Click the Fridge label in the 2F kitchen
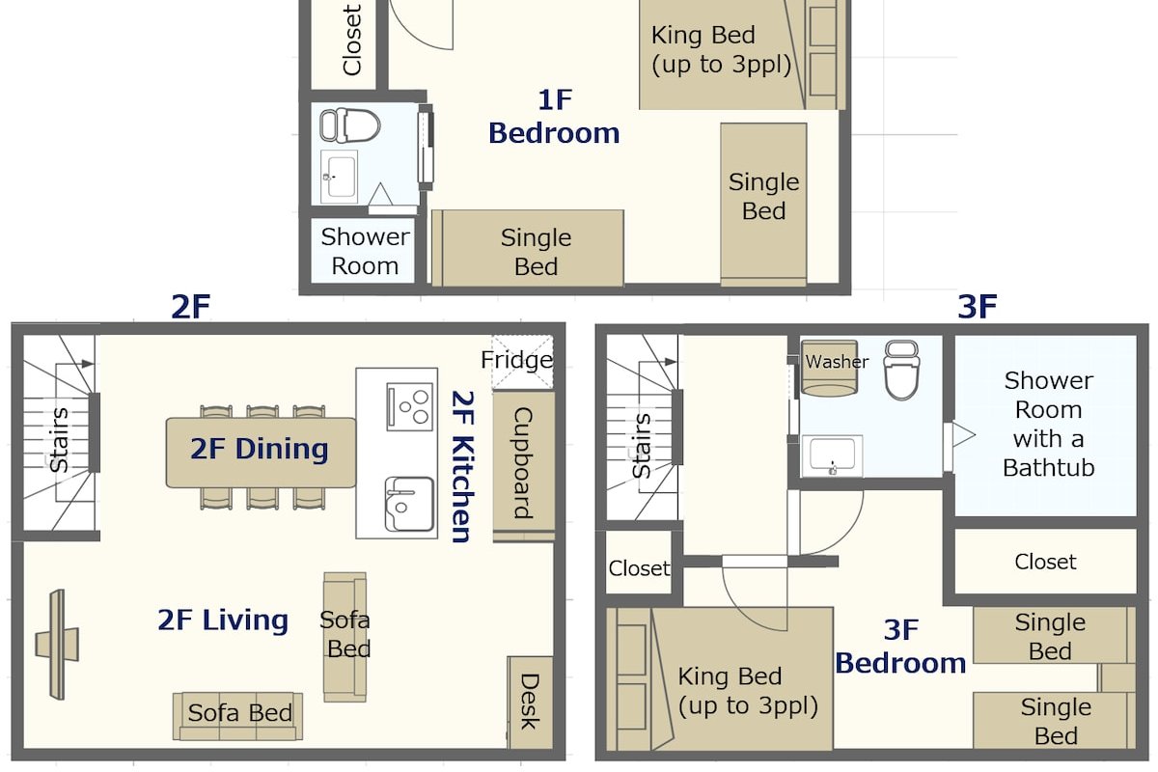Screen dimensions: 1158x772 (x=516, y=360)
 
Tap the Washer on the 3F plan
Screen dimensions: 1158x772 (x=829, y=369)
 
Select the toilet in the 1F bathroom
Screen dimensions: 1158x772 (x=349, y=125)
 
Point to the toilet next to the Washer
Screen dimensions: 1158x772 (x=901, y=370)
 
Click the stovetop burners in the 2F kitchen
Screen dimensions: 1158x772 (x=410, y=406)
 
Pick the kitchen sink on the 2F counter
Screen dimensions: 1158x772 (x=409, y=504)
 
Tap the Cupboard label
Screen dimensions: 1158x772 (x=523, y=463)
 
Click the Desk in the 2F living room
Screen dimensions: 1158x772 (x=530, y=703)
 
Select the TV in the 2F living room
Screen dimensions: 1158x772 (x=57, y=645)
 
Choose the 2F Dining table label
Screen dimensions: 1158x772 (x=260, y=449)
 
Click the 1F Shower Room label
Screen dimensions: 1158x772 (x=365, y=251)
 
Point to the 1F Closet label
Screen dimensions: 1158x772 (x=351, y=40)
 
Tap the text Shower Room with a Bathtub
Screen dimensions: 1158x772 (x=1048, y=424)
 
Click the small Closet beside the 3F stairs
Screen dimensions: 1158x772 (x=639, y=568)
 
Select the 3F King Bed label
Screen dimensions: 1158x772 (x=748, y=691)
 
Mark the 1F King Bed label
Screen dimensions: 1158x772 (x=721, y=50)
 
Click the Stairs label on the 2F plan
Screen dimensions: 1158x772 (x=59, y=440)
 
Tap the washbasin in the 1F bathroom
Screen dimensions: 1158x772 (x=339, y=177)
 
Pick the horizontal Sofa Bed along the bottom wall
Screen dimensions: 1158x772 (x=238, y=716)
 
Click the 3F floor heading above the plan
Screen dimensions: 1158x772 (x=977, y=306)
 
